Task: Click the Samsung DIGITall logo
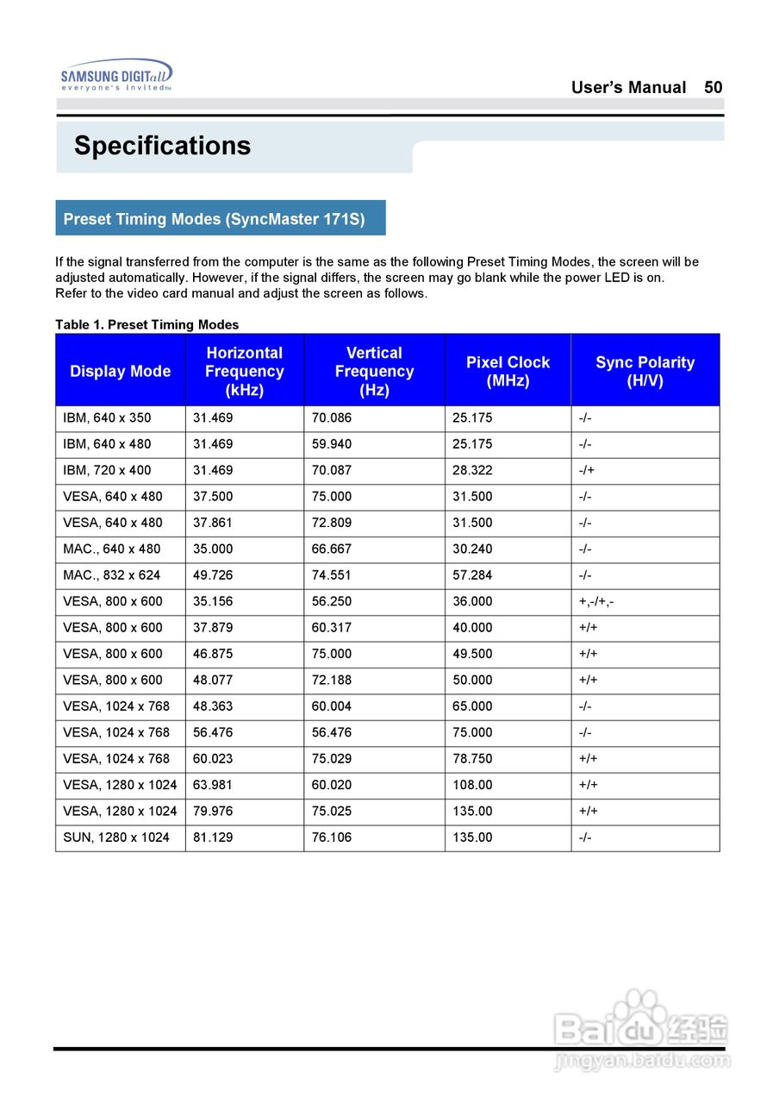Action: click(x=116, y=76)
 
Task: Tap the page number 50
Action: click(x=713, y=87)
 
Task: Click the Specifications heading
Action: click(x=162, y=146)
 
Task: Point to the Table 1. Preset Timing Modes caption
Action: click(x=146, y=324)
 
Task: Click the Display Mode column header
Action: click(x=120, y=371)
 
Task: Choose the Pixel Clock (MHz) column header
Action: click(x=508, y=371)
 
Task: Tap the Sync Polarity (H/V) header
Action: click(x=645, y=371)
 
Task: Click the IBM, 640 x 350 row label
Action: click(x=107, y=418)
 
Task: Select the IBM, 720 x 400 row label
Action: click(x=107, y=471)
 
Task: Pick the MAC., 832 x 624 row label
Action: click(x=111, y=575)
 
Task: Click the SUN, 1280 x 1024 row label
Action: click(x=116, y=837)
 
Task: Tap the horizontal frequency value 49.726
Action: click(x=213, y=575)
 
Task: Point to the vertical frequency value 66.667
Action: click(x=332, y=549)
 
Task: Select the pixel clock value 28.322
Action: click(x=473, y=471)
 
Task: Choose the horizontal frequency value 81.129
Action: click(x=213, y=837)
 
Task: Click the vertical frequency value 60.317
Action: click(x=332, y=628)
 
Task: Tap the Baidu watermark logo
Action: click(x=642, y=1031)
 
